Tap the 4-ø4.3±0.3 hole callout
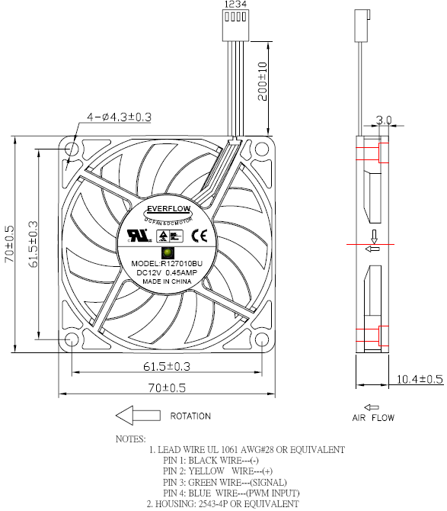tap(120, 117)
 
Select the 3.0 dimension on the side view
tap(385, 121)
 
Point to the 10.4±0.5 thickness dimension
tap(420, 379)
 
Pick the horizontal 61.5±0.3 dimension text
tap(166, 367)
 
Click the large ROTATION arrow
tap(138, 416)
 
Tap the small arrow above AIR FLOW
tap(372, 407)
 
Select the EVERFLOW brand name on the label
tap(168, 207)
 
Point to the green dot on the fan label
tap(167, 253)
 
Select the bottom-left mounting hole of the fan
tap(72, 339)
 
